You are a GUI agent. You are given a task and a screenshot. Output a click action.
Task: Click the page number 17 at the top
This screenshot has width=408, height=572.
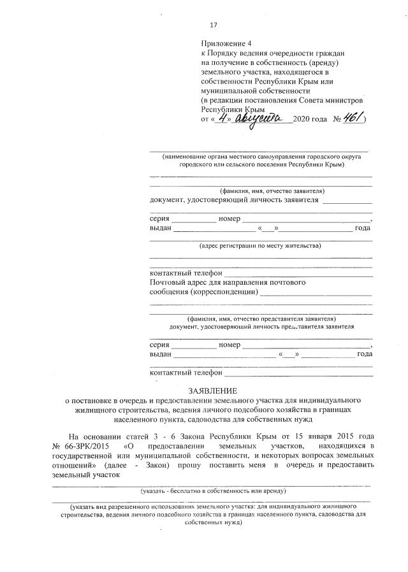(x=214, y=25)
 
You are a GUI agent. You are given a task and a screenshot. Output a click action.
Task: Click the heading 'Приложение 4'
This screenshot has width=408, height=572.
(x=222, y=43)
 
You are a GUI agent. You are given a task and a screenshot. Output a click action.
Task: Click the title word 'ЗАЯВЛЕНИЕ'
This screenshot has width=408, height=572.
(x=212, y=389)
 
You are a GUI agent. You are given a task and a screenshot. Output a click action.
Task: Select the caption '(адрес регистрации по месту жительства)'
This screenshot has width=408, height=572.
(x=260, y=245)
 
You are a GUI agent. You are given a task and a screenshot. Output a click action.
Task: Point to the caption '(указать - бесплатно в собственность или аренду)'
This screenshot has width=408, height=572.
(x=213, y=491)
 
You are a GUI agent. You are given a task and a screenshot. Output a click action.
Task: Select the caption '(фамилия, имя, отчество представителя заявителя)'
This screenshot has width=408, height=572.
(x=261, y=318)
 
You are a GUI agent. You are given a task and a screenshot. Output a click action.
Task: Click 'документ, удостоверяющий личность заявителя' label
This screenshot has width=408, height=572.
(x=233, y=200)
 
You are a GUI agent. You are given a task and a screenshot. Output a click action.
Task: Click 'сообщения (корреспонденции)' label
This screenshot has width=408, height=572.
(x=203, y=292)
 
